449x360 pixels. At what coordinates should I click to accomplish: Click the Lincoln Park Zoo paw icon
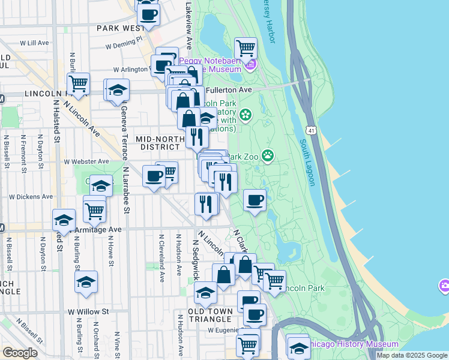[267, 157]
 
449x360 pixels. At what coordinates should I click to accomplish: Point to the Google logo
[20, 353]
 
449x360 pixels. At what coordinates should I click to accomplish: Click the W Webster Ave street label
[86, 161]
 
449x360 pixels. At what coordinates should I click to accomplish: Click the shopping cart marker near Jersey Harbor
[246, 47]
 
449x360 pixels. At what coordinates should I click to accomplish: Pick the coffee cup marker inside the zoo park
[255, 199]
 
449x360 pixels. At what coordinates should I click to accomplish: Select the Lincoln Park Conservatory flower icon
[245, 114]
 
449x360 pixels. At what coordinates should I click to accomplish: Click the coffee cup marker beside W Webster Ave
[154, 176]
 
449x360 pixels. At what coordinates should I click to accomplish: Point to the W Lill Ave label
[34, 43]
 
